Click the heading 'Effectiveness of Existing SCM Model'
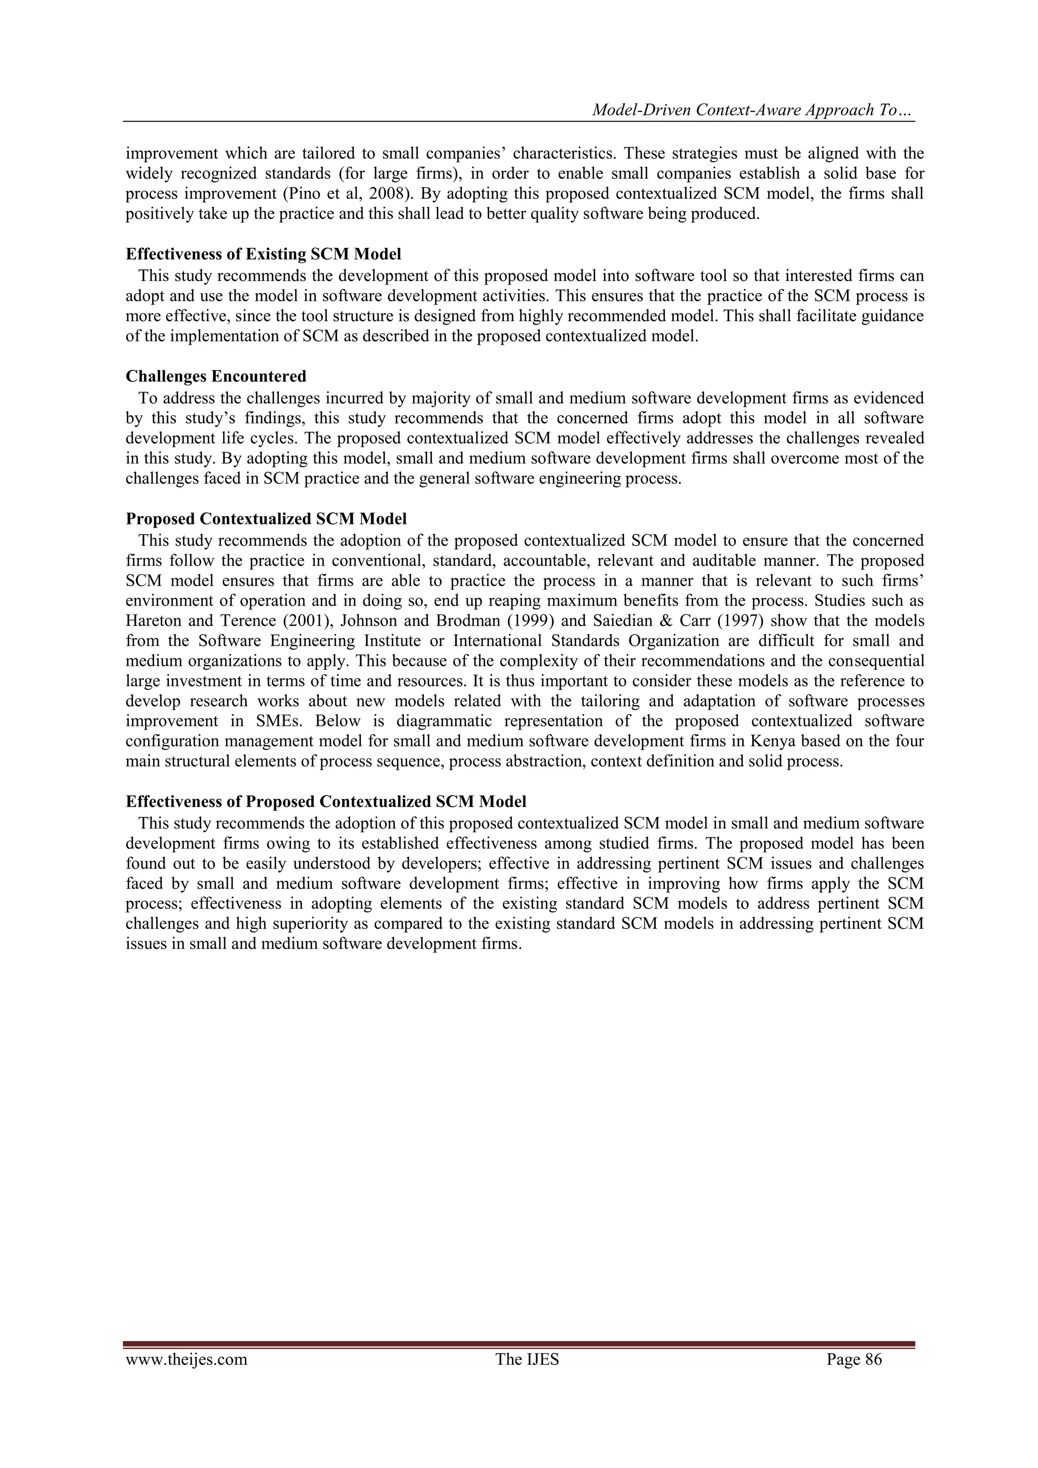point(264,254)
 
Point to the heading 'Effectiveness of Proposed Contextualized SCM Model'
point(326,802)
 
